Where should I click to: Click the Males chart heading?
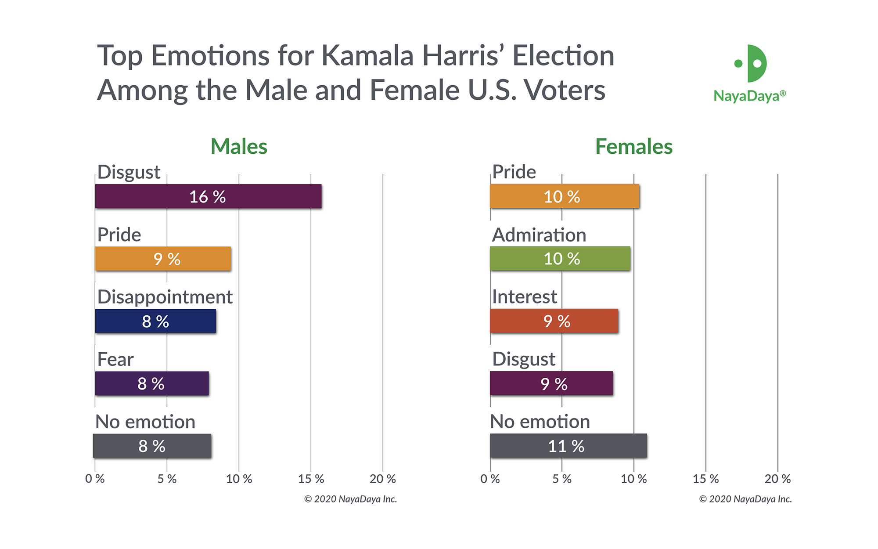[239, 146]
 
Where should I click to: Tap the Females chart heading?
[633, 146]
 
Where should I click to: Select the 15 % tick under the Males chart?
[311, 479]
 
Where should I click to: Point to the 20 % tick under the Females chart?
[777, 479]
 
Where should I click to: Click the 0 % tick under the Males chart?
[95, 479]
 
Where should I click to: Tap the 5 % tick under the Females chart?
[562, 479]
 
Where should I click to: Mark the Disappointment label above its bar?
[165, 297]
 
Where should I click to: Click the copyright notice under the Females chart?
[745, 499]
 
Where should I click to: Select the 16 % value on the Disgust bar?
[207, 197]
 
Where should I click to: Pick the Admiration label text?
[539, 235]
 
